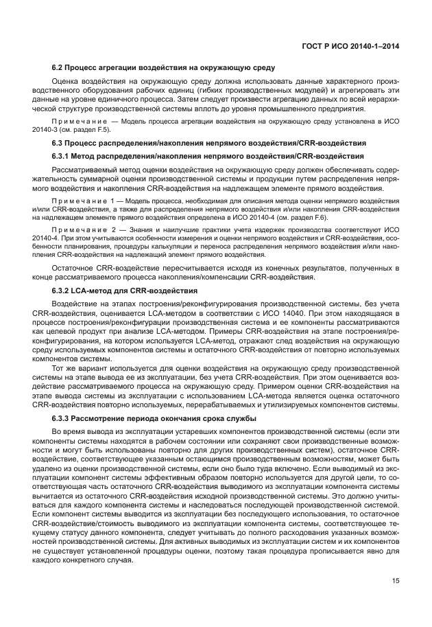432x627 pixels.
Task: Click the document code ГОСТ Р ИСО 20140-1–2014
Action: [351, 45]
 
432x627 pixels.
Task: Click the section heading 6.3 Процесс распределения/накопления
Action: [209, 143]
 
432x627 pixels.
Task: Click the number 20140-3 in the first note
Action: [66, 128]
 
